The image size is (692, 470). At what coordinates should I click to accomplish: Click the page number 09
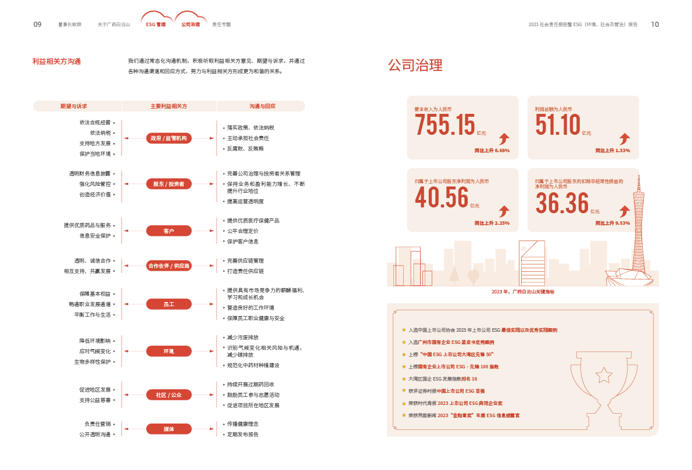click(37, 24)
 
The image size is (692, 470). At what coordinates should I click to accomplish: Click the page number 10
click(655, 24)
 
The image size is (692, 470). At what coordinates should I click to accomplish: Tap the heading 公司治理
click(415, 65)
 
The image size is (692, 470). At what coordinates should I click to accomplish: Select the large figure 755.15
click(444, 125)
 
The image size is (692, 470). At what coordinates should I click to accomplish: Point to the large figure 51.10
click(558, 125)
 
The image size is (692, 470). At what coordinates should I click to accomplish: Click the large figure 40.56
click(442, 198)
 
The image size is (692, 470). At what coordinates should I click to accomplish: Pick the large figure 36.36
click(562, 203)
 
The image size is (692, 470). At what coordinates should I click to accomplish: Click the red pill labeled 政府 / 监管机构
click(168, 138)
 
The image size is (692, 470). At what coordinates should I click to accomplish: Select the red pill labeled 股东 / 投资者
click(168, 184)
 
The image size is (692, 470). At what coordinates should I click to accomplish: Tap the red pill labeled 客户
click(168, 231)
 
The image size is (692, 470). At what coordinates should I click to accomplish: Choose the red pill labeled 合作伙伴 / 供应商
click(168, 266)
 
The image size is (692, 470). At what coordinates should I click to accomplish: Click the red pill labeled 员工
click(168, 304)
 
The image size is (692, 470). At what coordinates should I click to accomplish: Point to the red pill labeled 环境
click(168, 351)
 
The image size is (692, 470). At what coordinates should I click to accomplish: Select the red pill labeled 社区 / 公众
click(168, 395)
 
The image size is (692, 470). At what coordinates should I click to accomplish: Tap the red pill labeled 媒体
click(168, 429)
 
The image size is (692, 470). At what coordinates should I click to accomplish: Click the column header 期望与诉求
click(74, 106)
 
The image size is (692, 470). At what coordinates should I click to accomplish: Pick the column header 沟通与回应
click(262, 106)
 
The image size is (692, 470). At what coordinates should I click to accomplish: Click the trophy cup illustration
click(604, 378)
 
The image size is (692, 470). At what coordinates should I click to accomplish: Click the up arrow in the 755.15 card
click(504, 138)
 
